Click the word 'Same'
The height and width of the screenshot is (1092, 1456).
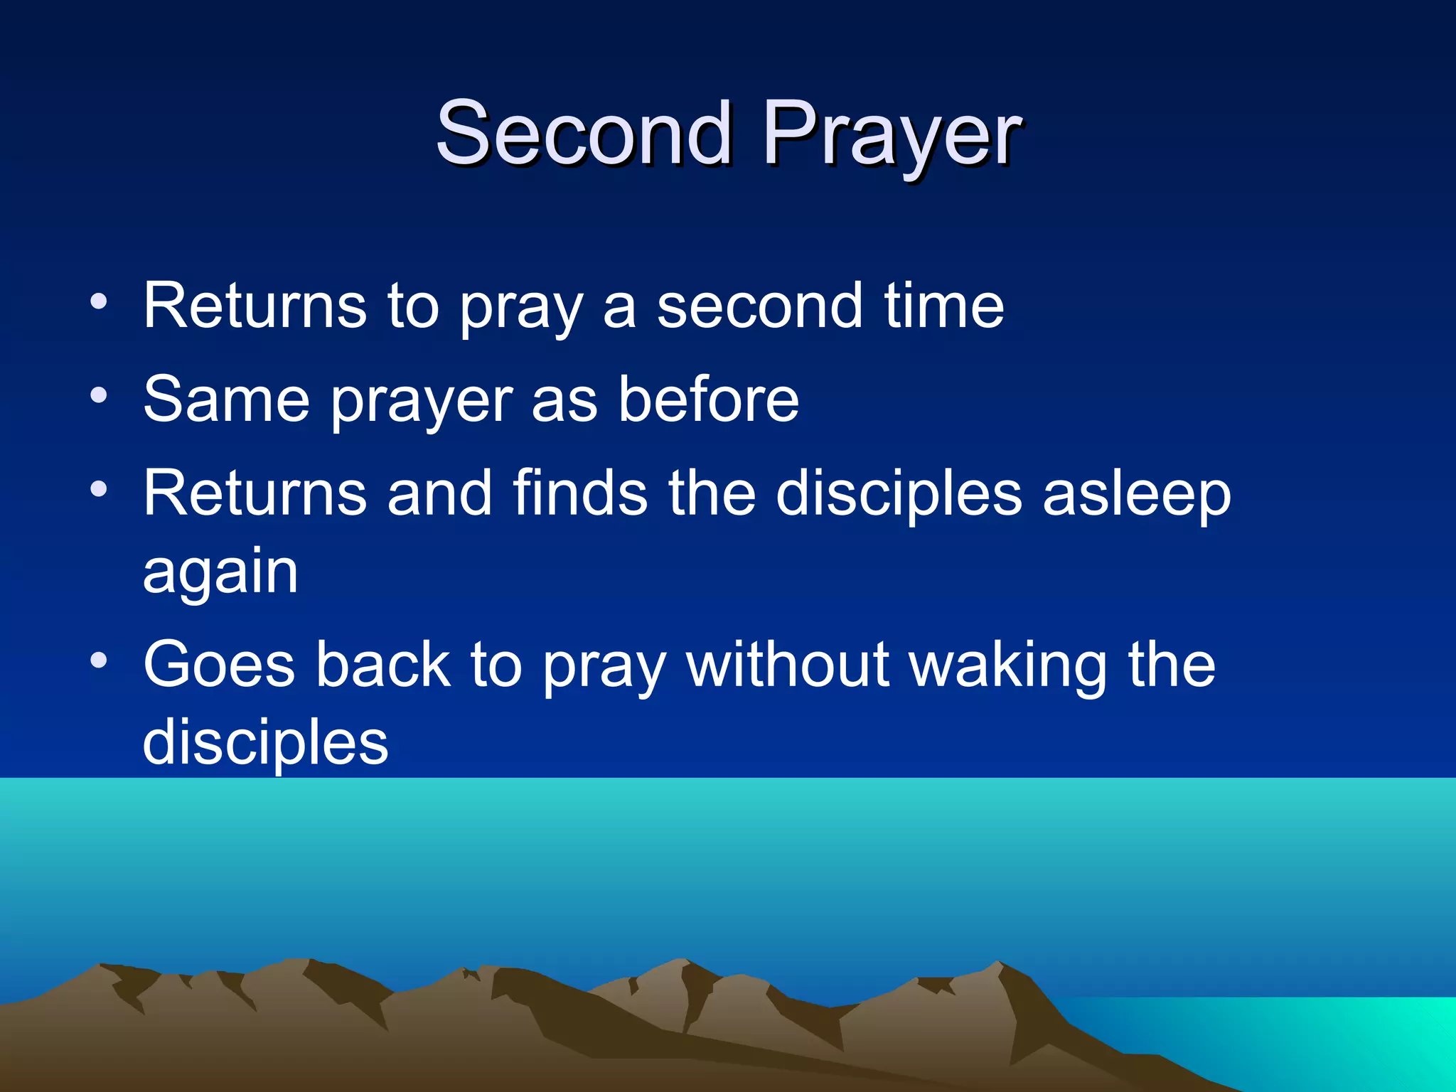[226, 400]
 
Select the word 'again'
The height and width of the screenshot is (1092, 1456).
[220, 573]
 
